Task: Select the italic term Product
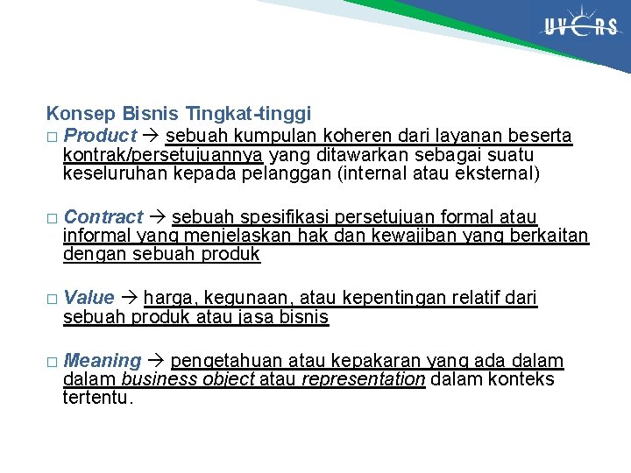click(x=101, y=136)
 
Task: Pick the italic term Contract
click(x=103, y=216)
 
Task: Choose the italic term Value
click(x=89, y=297)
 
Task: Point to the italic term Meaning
click(x=103, y=361)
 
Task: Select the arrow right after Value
click(x=129, y=297)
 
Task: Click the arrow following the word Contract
click(x=158, y=216)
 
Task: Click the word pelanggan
click(x=292, y=173)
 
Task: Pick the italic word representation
click(x=363, y=379)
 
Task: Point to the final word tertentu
click(x=98, y=399)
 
